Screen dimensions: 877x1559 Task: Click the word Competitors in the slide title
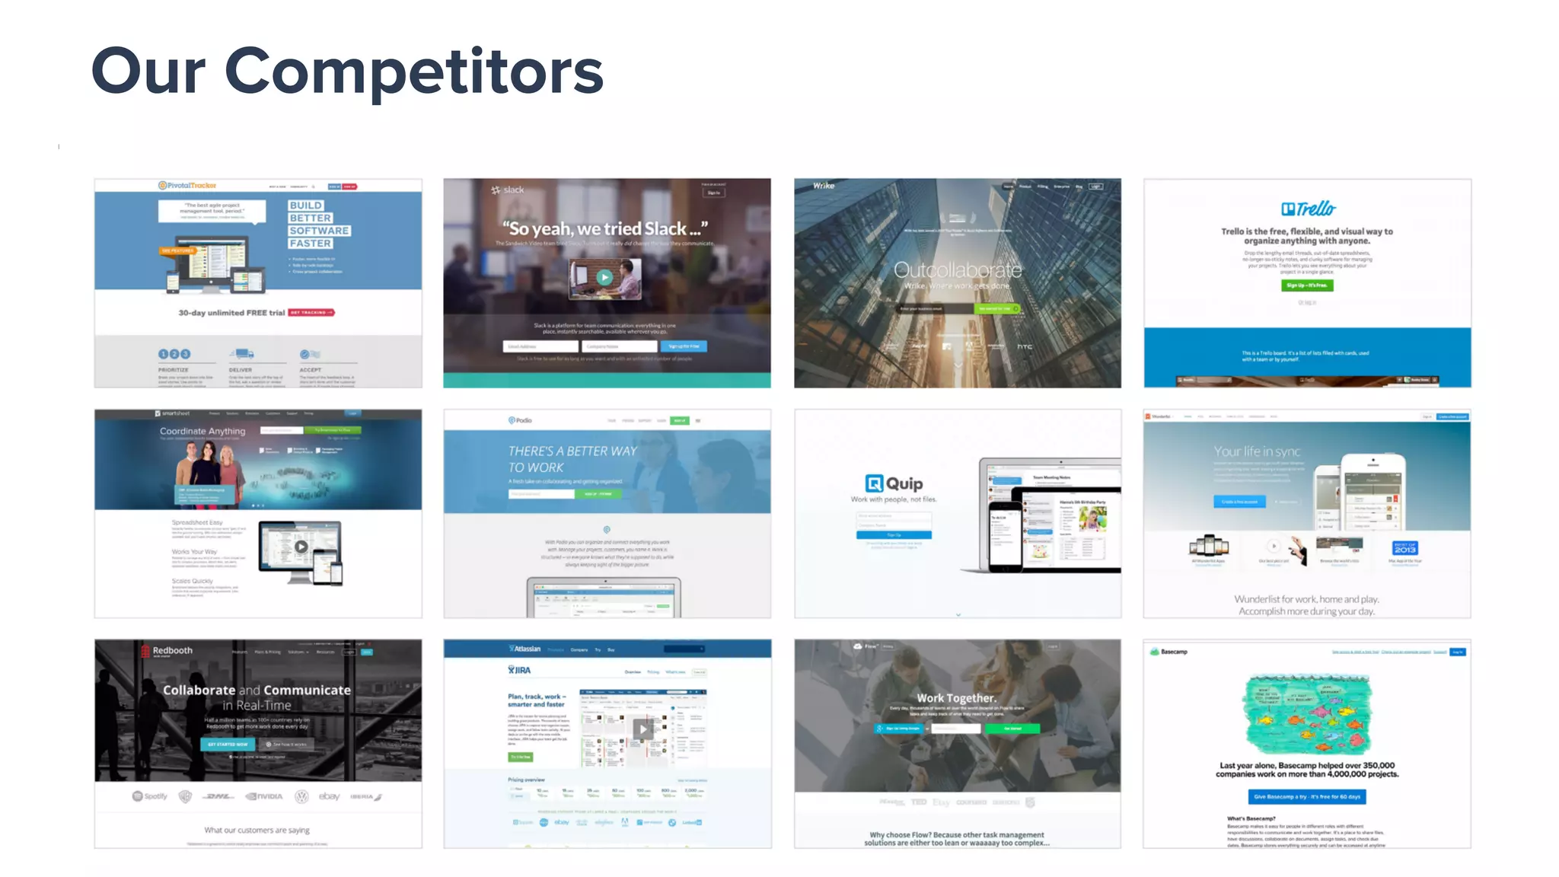414,72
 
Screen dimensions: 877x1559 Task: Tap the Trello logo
1308,209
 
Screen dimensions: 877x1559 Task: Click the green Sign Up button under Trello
1307,285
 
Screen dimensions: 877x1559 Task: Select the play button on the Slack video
604,278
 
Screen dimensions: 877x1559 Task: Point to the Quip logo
894,483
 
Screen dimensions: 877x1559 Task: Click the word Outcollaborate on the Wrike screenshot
958,269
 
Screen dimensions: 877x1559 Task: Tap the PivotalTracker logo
187,186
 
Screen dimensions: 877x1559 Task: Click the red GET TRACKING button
311,313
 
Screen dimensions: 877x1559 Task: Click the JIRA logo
519,670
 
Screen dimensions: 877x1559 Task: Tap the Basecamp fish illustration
1307,714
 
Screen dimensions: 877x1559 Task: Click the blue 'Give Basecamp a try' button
1307,796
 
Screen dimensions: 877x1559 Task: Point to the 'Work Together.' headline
956,698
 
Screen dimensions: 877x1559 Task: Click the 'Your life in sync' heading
1257,451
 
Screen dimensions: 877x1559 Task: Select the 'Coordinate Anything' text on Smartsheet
202,431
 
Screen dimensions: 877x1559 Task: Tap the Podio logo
521,420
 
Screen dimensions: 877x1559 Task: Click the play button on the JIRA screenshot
643,729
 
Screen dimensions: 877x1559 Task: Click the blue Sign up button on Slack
684,346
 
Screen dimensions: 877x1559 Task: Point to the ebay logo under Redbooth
330,796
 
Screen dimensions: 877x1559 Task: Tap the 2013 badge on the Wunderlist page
1404,548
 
